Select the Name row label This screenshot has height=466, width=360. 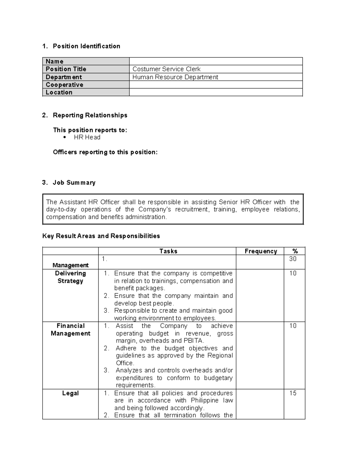55,62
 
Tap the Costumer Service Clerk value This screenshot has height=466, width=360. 166,69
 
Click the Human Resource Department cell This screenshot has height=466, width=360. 175,77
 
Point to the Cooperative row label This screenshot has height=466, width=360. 64,85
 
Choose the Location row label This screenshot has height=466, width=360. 59,92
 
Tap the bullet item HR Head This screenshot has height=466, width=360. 87,137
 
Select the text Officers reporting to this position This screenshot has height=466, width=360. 105,152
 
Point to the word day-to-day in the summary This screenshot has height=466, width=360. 61,209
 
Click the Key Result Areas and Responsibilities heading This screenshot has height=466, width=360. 101,236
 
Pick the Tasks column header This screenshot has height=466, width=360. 168,251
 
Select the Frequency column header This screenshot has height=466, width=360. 260,251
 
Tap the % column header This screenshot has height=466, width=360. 295,251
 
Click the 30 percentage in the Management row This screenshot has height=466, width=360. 293,259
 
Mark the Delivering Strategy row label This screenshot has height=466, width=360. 70,277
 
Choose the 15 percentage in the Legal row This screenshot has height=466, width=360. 293,393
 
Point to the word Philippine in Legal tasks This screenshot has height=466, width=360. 205,401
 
